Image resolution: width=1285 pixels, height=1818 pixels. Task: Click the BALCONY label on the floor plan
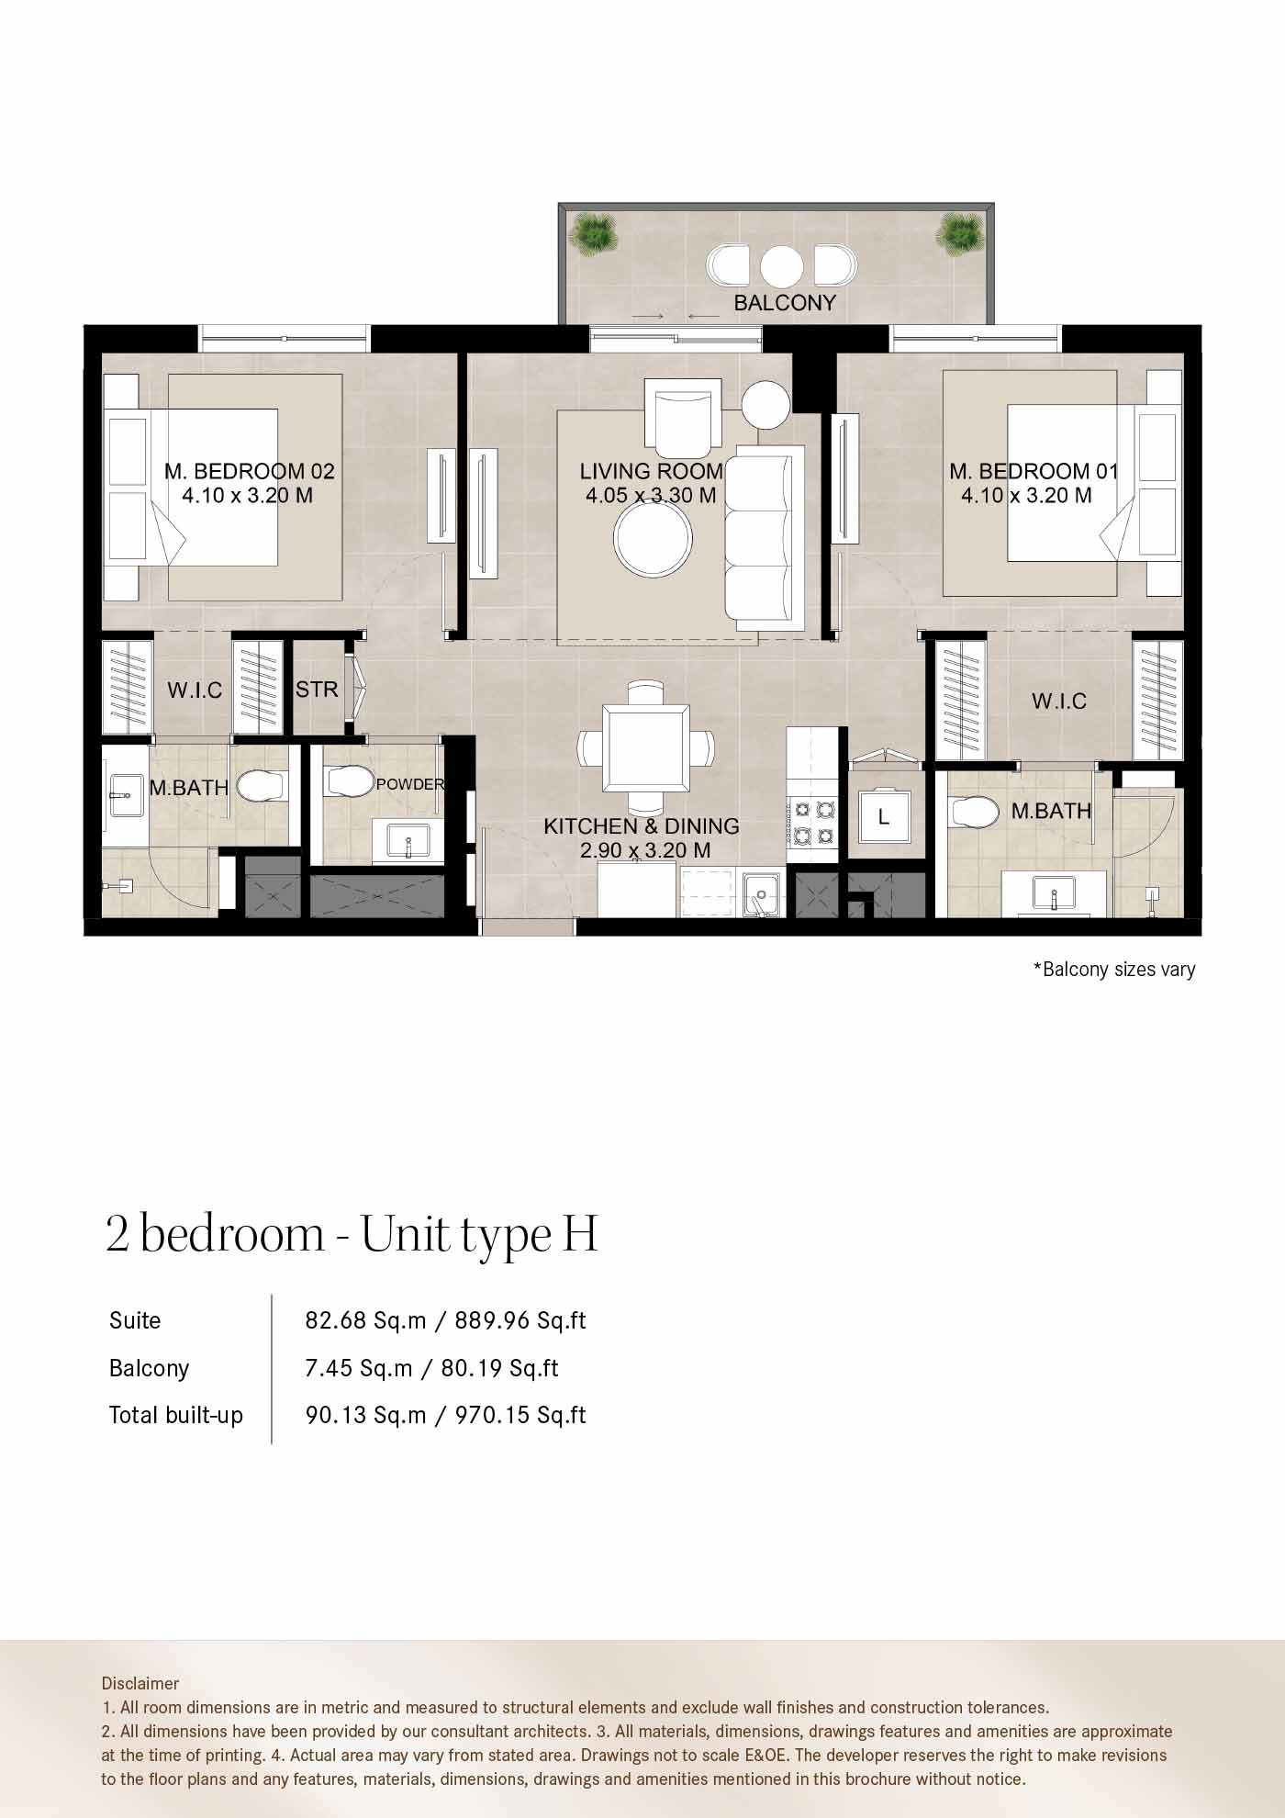[x=785, y=303]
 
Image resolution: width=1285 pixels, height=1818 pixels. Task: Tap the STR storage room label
[x=317, y=689]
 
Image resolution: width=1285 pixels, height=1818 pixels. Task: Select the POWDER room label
[x=410, y=784]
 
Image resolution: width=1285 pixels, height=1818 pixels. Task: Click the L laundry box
[x=884, y=816]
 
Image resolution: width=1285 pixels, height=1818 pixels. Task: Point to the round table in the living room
[x=654, y=538]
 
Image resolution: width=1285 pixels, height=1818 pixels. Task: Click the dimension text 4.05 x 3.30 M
[x=651, y=496]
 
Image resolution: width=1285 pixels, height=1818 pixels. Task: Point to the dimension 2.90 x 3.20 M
[x=645, y=851]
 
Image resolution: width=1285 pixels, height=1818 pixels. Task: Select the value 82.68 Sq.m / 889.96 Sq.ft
[x=445, y=1320]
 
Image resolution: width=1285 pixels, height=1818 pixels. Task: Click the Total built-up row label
[x=176, y=1415]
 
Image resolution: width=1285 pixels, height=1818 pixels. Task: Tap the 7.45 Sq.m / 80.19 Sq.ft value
[x=431, y=1368]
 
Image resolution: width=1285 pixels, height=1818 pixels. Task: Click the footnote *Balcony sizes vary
[x=1114, y=970]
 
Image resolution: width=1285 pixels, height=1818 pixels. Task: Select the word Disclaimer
[x=140, y=1683]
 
